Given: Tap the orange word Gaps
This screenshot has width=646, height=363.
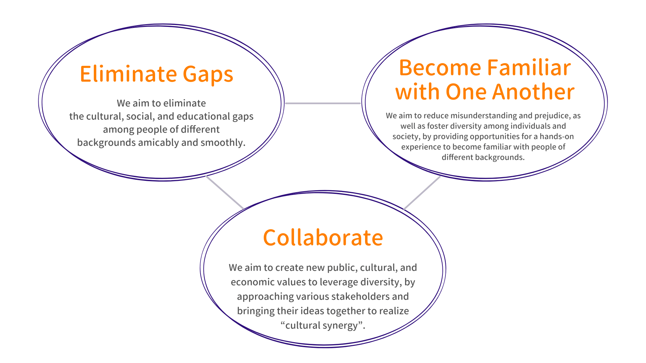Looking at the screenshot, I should click(208, 75).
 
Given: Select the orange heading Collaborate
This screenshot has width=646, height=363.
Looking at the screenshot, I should click(323, 238).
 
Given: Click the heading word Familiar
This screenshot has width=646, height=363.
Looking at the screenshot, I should click(529, 68).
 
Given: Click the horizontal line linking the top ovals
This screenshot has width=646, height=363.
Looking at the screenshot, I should click(323, 103).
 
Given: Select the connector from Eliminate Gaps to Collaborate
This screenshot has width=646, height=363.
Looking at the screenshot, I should click(224, 192).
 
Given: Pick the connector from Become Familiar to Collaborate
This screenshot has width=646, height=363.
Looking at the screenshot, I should click(422, 193).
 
